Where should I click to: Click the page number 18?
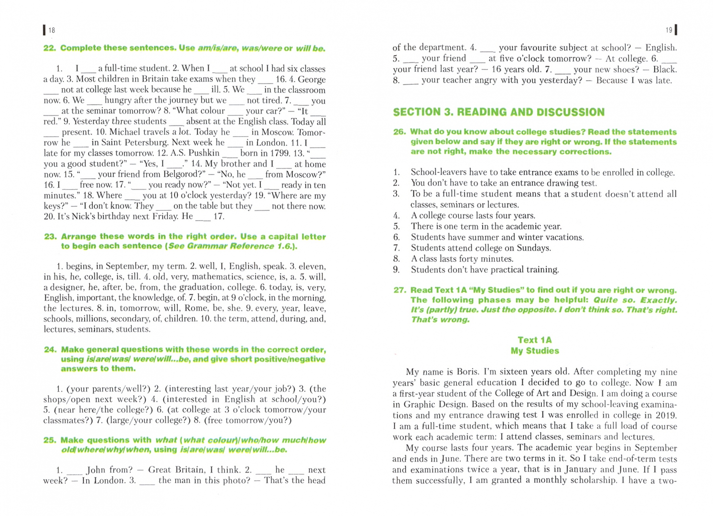(51, 30)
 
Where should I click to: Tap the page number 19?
(669, 30)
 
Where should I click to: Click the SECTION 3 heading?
(498, 112)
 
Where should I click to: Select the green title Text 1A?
(534, 340)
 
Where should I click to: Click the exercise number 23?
(50, 236)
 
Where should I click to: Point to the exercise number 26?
(400, 132)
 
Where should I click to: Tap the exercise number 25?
(50, 440)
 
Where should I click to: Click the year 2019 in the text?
(666, 415)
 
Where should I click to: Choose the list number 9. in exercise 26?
(396, 270)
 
